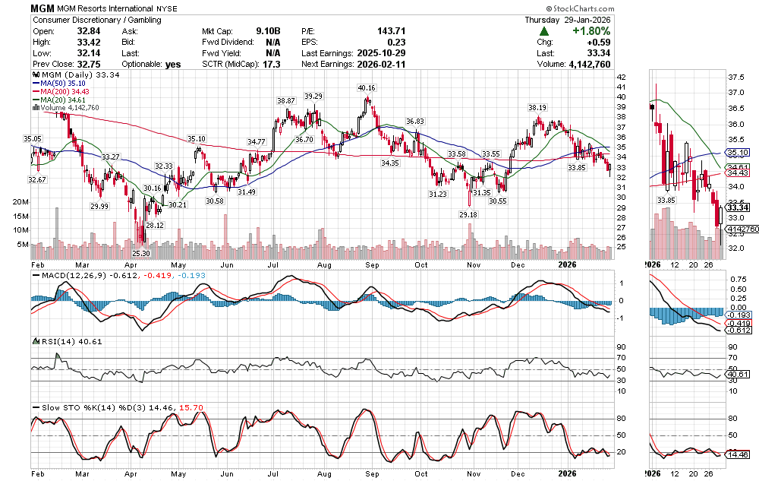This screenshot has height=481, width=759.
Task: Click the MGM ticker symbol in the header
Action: [x=43, y=7]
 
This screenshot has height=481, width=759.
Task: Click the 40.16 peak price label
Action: [x=367, y=88]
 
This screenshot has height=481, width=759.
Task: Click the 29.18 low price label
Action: [x=469, y=215]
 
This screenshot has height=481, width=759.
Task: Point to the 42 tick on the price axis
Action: [x=620, y=78]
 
